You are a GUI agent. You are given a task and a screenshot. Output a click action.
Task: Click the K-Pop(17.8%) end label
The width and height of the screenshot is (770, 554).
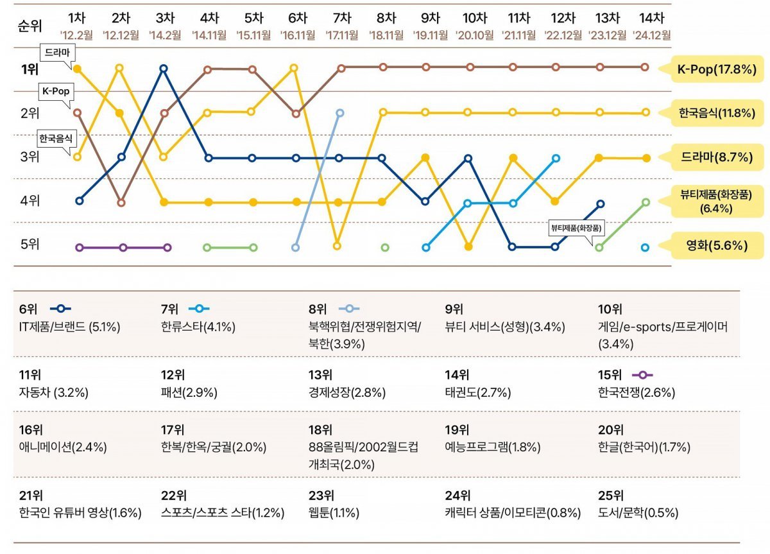[717, 69]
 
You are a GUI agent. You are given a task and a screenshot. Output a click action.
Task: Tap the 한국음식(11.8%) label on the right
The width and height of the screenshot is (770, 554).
[717, 113]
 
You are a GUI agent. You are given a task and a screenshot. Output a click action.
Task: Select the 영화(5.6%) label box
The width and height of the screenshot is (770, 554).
[717, 245]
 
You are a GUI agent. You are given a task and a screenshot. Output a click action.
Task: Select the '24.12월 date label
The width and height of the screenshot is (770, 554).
[651, 35]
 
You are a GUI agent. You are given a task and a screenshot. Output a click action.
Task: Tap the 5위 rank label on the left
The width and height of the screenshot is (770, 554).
[30, 244]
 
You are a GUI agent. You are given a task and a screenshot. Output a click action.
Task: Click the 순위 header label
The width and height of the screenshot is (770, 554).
[30, 26]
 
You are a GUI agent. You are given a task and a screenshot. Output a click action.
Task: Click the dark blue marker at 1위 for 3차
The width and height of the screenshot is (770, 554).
[164, 68]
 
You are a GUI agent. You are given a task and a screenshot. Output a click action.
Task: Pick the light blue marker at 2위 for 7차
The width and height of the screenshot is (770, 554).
[340, 113]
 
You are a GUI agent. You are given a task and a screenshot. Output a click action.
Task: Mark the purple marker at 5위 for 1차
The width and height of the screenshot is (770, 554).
[79, 247]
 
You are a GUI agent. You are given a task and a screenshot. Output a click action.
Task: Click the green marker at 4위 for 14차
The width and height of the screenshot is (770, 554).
[646, 202]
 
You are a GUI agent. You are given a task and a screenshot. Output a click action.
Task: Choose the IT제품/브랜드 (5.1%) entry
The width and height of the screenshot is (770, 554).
[70, 327]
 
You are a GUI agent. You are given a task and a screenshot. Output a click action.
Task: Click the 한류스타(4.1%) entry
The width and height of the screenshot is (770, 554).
[198, 327]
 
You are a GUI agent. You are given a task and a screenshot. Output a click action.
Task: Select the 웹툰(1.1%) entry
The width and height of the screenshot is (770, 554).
[334, 513]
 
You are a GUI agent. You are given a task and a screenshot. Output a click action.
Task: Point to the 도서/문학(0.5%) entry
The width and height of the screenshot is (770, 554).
[638, 513]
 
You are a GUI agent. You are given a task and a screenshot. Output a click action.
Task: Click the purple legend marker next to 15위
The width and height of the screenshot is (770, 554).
[642, 375]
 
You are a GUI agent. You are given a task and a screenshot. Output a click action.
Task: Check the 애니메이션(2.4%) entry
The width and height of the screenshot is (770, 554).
[64, 447]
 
